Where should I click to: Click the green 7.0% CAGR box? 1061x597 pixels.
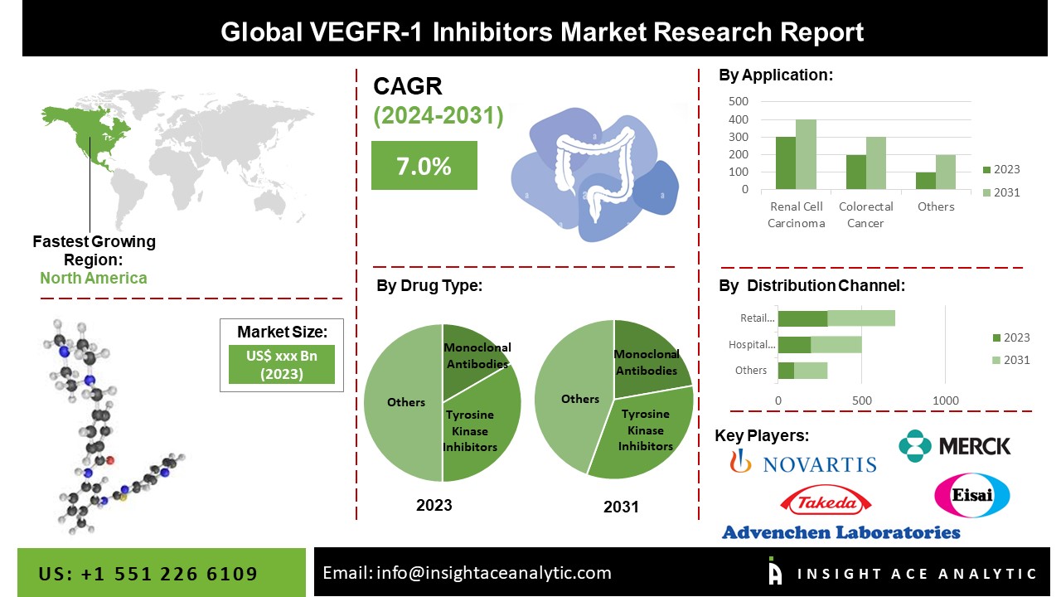(424, 166)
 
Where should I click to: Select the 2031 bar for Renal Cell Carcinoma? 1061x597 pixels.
(806, 154)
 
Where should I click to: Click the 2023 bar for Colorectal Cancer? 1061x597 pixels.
(855, 172)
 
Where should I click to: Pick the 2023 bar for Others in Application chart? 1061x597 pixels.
(925, 181)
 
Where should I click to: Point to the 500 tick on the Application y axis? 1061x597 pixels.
(738, 101)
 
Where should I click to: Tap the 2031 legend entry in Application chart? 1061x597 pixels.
(1000, 192)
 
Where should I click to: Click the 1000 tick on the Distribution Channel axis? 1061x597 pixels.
(946, 401)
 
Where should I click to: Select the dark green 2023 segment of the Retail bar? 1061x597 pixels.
(802, 318)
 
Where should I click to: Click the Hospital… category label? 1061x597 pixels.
(752, 345)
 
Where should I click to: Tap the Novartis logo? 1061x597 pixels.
(802, 462)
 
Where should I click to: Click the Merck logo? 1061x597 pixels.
(955, 446)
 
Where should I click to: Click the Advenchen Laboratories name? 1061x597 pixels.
(841, 532)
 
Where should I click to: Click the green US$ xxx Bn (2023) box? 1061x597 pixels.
(282, 364)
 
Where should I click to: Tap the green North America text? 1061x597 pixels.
(94, 278)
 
